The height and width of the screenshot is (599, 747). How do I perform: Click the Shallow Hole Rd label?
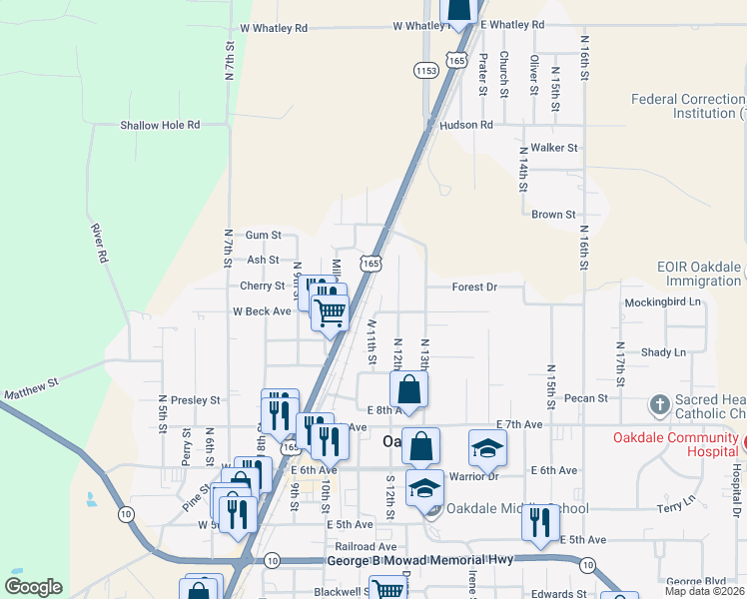160,125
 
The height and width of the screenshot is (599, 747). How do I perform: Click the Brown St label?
553,215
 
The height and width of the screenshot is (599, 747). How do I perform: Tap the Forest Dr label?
473,287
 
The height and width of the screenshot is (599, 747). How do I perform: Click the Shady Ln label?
664,352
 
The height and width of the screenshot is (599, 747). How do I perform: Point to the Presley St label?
195,400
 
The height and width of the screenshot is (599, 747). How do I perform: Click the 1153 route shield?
426,70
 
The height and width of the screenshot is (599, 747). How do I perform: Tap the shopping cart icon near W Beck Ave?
330,312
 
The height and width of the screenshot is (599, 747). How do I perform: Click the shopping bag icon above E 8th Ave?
408,388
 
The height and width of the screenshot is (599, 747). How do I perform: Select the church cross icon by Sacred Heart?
659,404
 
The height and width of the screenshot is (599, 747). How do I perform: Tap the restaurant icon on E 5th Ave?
540,524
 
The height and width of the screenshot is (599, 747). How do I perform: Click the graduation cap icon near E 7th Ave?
487,448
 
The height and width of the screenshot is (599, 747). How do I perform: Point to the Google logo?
34,587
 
